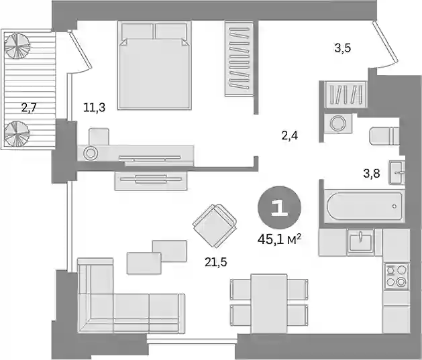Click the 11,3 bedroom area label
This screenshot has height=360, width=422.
coord(94,108)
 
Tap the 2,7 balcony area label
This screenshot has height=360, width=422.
coord(29,108)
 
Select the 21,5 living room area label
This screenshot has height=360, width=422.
coord(216,262)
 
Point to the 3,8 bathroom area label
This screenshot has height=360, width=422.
coord(372,174)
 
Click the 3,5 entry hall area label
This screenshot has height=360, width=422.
coord(343,48)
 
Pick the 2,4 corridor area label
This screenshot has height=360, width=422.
coord(290,135)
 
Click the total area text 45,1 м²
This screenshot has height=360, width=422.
coord(279,239)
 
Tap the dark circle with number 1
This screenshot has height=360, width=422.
coord(279,207)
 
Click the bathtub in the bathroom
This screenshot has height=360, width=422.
coord(364,206)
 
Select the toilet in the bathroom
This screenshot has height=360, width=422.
coord(384,136)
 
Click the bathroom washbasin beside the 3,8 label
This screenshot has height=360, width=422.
coord(397,172)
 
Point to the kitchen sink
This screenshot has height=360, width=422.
coord(360,242)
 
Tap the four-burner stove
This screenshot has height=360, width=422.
coord(396,276)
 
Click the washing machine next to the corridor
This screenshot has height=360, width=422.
coord(338,123)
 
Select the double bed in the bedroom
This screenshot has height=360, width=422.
coord(154,65)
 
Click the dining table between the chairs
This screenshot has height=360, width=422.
coord(269,304)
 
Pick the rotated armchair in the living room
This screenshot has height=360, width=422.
coord(215,225)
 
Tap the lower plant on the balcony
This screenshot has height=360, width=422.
coord(17,133)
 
